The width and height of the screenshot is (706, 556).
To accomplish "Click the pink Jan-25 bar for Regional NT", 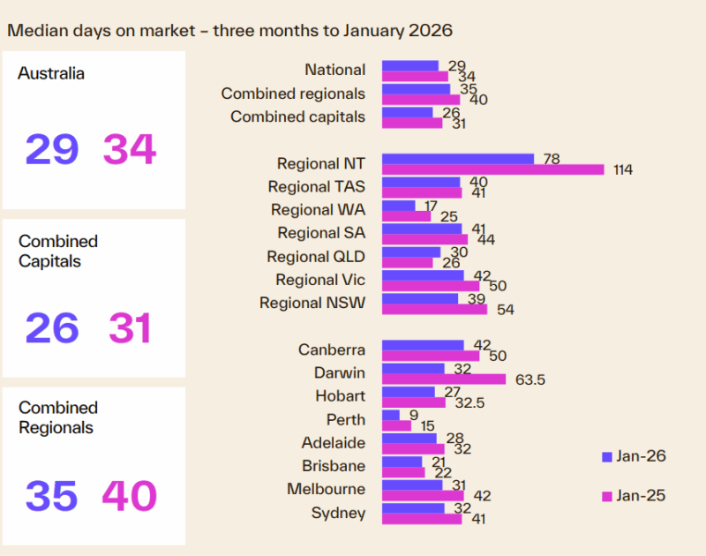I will [x=492, y=169].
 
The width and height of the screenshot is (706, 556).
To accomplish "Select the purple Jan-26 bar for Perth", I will [x=391, y=414].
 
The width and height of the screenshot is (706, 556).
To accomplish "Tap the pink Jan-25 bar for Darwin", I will [x=444, y=379].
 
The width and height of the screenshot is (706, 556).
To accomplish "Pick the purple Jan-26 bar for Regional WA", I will [x=398, y=206].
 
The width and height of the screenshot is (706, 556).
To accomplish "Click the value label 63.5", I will [x=524, y=379].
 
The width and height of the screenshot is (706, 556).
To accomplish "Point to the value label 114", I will [x=623, y=169].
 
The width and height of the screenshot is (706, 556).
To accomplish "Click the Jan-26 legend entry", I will [x=633, y=456].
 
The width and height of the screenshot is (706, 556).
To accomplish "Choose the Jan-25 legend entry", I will [x=633, y=496].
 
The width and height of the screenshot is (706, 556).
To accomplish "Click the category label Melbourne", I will [x=326, y=489].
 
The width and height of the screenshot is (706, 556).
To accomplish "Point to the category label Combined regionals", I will [x=293, y=93].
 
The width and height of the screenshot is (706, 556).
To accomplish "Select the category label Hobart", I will [x=340, y=395].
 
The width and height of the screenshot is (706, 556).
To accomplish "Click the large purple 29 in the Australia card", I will [x=51, y=149].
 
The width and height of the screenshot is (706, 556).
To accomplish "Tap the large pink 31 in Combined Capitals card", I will [x=130, y=328].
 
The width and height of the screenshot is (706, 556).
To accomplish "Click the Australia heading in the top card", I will [x=51, y=74].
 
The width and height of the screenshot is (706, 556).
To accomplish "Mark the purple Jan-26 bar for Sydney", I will [x=413, y=507].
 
